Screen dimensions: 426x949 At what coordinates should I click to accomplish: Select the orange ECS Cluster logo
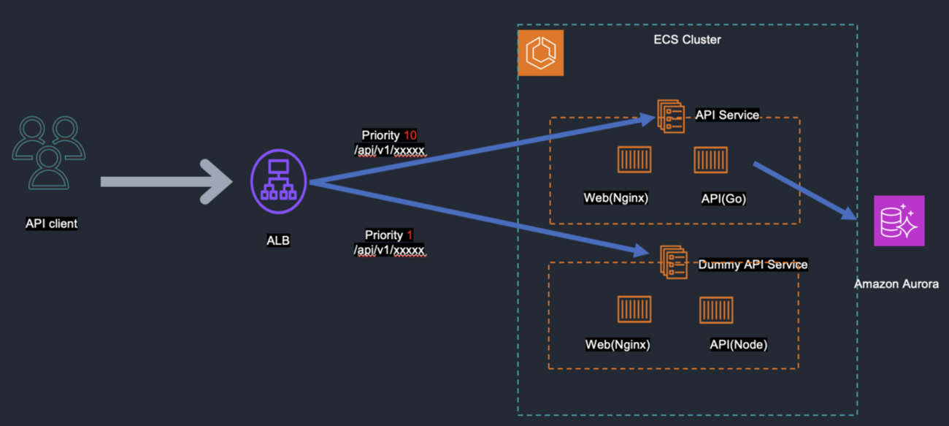pos(540,53)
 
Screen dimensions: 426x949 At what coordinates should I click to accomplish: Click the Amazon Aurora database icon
pos(899,221)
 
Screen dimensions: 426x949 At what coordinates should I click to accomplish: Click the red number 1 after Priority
pos(410,235)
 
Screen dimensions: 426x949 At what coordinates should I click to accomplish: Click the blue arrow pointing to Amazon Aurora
pos(803,190)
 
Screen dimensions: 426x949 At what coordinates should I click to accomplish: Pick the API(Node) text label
pos(739,344)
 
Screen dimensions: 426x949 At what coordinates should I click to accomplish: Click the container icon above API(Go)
pos(710,160)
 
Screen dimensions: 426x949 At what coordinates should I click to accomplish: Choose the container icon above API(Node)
pos(716,309)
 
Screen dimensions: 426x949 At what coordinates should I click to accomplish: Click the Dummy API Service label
pos(753,265)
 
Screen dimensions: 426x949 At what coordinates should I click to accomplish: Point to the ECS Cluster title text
pos(687,39)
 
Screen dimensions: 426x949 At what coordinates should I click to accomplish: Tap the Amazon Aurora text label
pos(896,284)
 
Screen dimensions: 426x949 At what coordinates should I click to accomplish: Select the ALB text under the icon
pos(278,240)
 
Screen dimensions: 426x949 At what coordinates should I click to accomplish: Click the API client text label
pos(51,224)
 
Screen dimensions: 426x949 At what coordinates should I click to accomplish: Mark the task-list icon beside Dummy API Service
pos(673,261)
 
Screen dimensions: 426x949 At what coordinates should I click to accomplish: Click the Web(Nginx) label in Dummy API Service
pos(618,344)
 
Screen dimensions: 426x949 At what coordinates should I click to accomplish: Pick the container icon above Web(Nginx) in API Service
pos(634,160)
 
